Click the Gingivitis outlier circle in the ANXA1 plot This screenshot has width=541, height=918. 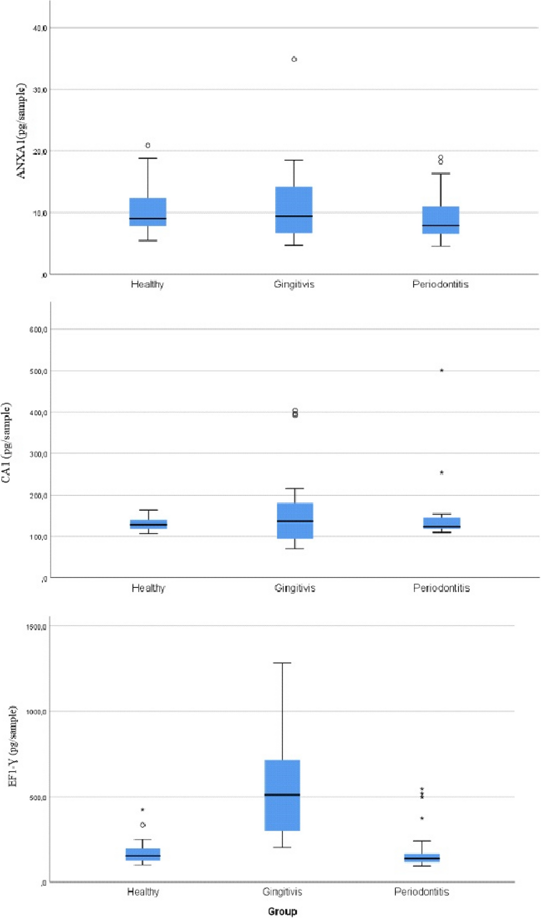[x=294, y=59]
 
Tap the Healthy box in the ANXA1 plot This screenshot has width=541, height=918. [x=148, y=212]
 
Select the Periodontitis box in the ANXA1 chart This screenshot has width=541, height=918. [x=441, y=220]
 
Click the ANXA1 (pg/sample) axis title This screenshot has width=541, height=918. [x=21, y=131]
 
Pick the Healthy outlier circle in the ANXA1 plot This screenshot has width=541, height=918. [x=148, y=145]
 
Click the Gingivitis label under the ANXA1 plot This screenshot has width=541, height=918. [x=294, y=284]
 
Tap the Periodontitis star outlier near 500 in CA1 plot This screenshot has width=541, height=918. [x=441, y=371]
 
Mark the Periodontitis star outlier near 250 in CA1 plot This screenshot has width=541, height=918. [x=441, y=473]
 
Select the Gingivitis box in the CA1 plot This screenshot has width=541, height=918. [x=295, y=520]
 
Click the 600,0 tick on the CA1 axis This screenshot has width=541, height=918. [x=38, y=329]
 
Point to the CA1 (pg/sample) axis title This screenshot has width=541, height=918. [x=6, y=442]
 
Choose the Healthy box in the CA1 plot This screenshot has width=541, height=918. [x=148, y=524]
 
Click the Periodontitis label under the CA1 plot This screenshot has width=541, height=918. [x=441, y=588]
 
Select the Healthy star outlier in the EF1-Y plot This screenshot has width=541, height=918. [x=143, y=810]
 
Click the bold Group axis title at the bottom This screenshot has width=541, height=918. [x=282, y=911]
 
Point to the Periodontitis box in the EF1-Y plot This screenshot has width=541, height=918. [x=422, y=858]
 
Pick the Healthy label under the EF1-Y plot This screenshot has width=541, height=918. [x=143, y=892]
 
